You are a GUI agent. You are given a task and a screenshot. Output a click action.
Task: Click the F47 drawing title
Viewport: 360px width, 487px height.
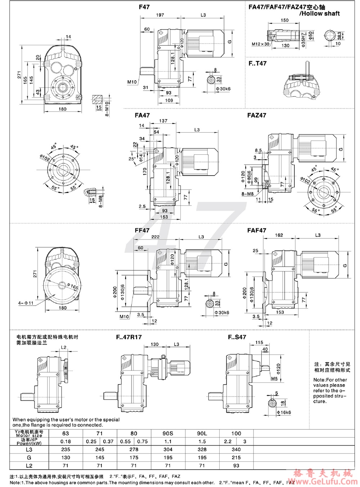coord(144,7)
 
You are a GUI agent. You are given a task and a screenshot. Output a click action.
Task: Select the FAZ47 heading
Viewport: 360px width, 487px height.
coord(257,115)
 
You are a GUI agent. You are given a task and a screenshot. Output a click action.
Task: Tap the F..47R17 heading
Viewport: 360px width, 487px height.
coord(129,337)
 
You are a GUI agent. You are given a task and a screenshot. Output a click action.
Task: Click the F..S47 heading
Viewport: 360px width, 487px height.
coord(237,337)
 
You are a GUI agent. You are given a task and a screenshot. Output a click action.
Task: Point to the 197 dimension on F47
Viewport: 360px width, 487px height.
coord(160,15)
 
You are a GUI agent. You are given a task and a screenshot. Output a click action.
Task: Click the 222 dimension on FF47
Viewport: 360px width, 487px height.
coord(155,237)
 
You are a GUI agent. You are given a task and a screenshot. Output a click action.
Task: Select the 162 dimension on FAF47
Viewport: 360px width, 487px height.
coord(279,235)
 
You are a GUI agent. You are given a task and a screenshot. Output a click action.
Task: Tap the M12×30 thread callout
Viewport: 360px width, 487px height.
coord(260,44)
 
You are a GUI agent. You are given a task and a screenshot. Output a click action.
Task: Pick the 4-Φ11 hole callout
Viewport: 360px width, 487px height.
coord(26,303)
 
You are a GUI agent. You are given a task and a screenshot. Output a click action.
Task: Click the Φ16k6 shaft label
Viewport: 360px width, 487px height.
coord(284,413)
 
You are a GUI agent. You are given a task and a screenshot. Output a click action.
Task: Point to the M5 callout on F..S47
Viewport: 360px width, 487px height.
coord(274,378)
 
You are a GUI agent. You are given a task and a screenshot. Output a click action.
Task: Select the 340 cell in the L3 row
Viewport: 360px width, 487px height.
coord(236,449)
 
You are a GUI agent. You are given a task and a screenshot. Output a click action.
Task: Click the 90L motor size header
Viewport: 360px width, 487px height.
coord(202,433)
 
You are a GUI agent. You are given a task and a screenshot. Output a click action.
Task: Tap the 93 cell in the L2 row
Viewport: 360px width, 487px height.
coord(236,466)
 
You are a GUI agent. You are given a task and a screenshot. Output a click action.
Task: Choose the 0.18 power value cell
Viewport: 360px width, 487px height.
coord(66,441)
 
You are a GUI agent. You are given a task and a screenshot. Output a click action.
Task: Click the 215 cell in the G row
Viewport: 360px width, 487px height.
coord(236,458)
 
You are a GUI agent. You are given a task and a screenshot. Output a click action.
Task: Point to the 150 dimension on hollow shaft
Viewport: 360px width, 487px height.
coord(284,21)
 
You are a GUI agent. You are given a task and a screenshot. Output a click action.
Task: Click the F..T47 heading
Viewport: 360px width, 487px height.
coord(257,63)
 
